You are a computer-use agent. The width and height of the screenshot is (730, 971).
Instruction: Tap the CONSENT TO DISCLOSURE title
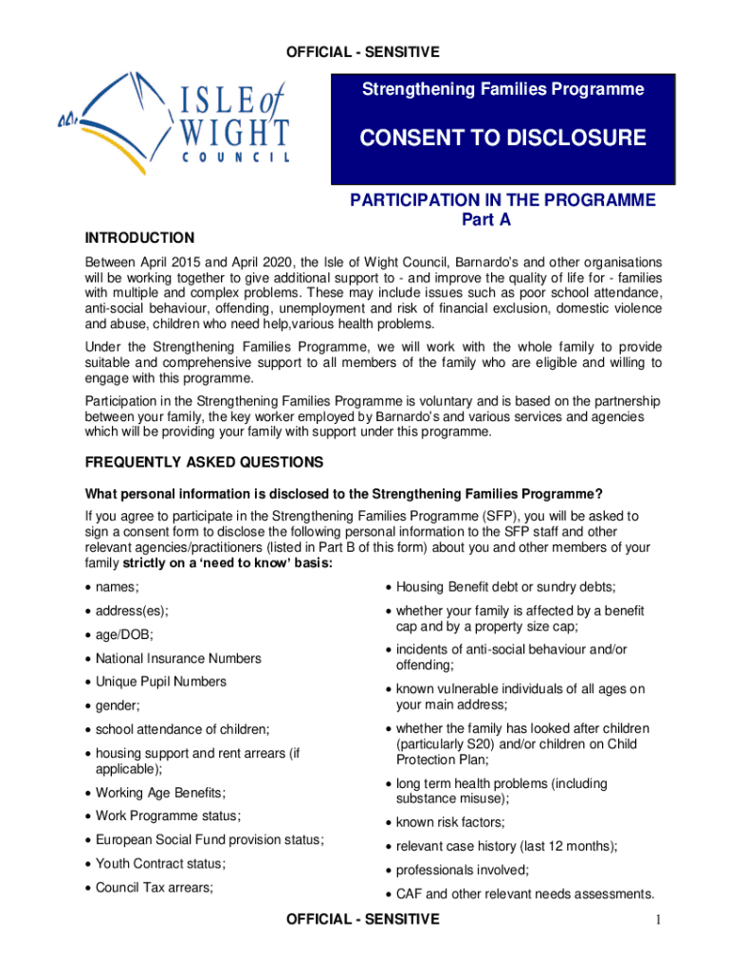click(x=502, y=138)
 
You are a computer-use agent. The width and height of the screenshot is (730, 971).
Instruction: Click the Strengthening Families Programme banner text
click(x=502, y=90)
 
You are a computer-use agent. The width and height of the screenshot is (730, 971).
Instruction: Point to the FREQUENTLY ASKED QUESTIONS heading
click(x=205, y=463)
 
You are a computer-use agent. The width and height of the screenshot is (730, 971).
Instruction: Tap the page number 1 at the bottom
click(x=656, y=920)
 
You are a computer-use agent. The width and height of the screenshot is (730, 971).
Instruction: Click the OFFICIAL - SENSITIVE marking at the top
click(x=363, y=51)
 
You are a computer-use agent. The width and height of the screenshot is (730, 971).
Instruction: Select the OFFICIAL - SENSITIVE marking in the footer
click(x=363, y=919)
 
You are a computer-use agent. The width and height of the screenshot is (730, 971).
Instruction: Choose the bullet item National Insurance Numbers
click(x=178, y=658)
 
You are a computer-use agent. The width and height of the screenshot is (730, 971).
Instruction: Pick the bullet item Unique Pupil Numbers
click(x=161, y=682)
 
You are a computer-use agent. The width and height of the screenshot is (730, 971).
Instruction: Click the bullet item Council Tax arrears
click(x=154, y=888)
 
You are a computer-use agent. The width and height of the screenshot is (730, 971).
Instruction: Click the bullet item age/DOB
click(x=124, y=634)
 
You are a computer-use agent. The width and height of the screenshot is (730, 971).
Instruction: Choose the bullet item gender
click(x=118, y=705)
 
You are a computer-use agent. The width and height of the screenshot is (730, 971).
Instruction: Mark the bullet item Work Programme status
click(x=168, y=815)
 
